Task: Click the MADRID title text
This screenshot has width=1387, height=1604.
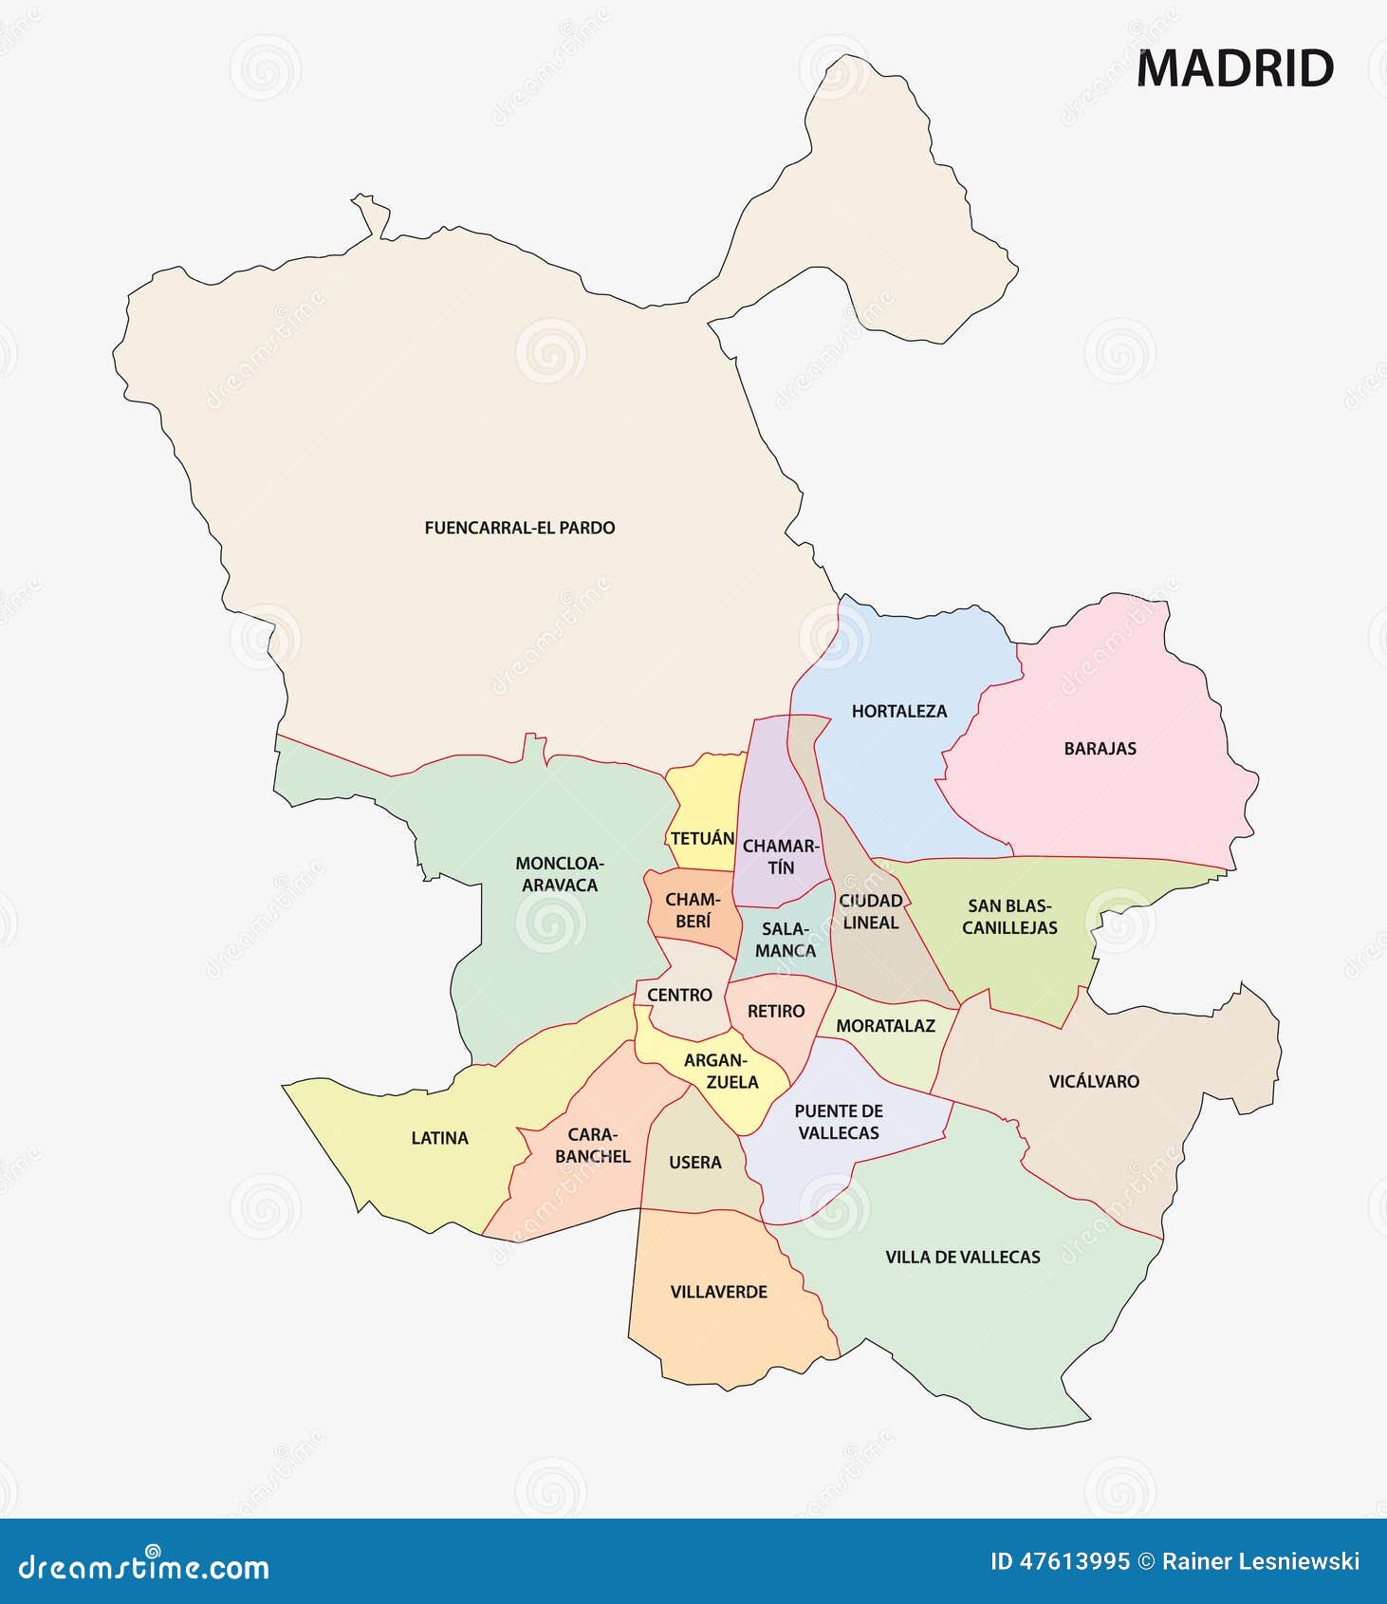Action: tap(1235, 69)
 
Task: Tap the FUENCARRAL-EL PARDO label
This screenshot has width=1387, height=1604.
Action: tap(519, 528)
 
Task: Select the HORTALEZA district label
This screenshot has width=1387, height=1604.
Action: tap(898, 711)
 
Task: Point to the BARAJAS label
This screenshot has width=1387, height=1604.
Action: tap(1100, 749)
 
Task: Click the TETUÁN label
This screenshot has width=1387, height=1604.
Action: tap(702, 839)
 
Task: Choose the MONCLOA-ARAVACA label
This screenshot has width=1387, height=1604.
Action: tap(560, 874)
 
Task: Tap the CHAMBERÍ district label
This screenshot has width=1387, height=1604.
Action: tap(693, 910)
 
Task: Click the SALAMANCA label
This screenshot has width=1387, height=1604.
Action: tap(786, 940)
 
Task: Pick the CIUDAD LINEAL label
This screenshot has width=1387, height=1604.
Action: tap(870, 911)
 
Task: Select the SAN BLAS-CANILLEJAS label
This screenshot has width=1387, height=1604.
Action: tap(1009, 917)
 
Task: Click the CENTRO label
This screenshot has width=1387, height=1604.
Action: tap(679, 996)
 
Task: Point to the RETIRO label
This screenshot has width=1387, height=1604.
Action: tap(775, 1012)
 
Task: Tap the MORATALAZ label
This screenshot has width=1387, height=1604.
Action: tap(885, 1026)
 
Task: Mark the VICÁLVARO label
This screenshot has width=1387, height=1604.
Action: tap(1094, 1081)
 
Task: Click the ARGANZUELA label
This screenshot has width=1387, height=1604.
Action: tap(721, 1072)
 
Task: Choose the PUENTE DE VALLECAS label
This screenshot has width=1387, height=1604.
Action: tap(839, 1122)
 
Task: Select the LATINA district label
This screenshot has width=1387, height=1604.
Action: tap(439, 1138)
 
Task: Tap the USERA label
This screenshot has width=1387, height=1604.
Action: tap(694, 1163)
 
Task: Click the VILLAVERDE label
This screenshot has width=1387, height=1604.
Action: tap(718, 1292)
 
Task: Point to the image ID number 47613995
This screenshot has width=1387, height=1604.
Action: tap(1074, 1561)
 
